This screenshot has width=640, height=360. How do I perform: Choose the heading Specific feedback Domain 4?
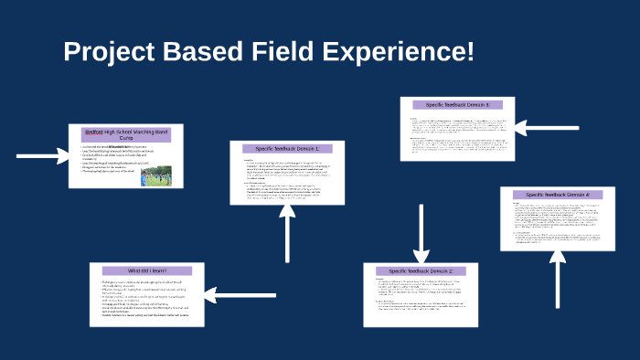pyautogui.click(x=558, y=195)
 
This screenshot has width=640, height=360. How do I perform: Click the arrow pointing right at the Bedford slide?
pyautogui.click(x=42, y=156)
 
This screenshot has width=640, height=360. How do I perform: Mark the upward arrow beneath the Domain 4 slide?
pyautogui.click(x=557, y=279)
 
